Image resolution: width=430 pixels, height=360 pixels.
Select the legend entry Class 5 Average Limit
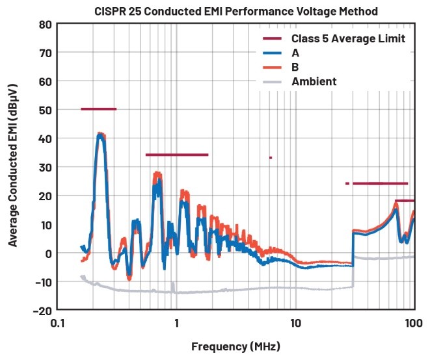[348, 39]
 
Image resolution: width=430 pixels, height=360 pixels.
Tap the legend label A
[295, 53]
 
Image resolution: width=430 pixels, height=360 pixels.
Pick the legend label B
[295, 68]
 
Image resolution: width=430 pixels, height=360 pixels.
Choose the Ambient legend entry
[314, 81]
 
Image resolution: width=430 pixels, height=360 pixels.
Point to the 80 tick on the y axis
[45, 24]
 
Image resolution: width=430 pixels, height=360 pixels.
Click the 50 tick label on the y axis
[45, 109]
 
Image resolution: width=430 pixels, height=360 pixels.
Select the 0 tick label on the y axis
[47, 252]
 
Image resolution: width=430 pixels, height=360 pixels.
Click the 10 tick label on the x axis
[295, 322]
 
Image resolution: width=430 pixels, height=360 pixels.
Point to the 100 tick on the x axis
[414, 322]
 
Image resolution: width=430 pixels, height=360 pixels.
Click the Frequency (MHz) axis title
[235, 346]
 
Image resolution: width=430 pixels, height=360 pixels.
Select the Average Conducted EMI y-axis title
[14, 166]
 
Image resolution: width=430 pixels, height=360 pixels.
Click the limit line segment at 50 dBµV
[98, 109]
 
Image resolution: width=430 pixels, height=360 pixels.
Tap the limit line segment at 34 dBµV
[177, 155]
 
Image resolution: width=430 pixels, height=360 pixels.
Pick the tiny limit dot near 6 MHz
[270, 157]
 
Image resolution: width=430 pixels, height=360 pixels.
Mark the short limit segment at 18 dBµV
[405, 201]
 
